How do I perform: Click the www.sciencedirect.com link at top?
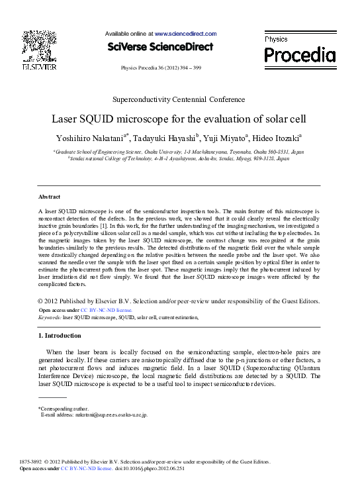click(185, 33)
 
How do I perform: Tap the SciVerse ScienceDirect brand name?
click(159, 47)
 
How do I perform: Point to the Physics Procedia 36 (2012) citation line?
click(161, 68)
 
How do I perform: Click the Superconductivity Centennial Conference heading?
click(179, 99)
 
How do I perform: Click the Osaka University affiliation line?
click(179, 152)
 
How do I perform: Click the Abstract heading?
click(50, 197)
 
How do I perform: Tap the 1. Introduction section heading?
click(60, 336)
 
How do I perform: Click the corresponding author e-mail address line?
click(94, 415)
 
